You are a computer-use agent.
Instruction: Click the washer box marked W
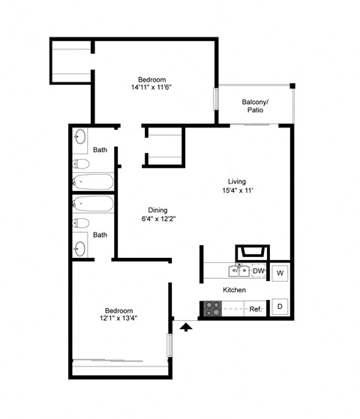tap(280, 273)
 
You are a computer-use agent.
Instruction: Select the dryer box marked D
tap(280, 307)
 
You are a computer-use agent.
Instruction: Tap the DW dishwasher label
tap(257, 271)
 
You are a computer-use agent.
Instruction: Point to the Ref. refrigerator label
tap(255, 308)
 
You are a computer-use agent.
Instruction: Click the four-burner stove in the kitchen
tap(212, 307)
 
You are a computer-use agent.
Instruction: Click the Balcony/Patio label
tap(255, 106)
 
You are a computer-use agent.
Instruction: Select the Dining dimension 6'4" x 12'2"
tap(157, 220)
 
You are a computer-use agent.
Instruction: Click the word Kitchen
tap(235, 290)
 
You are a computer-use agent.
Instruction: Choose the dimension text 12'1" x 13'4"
tap(118, 319)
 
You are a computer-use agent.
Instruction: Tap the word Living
tap(238, 181)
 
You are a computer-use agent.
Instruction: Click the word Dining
tap(157, 210)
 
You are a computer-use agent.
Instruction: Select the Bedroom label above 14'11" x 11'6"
tap(151, 80)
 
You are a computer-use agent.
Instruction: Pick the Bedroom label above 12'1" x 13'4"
tap(118, 310)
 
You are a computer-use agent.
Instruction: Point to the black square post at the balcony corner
tap(292, 86)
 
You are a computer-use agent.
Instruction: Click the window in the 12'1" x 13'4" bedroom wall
tap(169, 346)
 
